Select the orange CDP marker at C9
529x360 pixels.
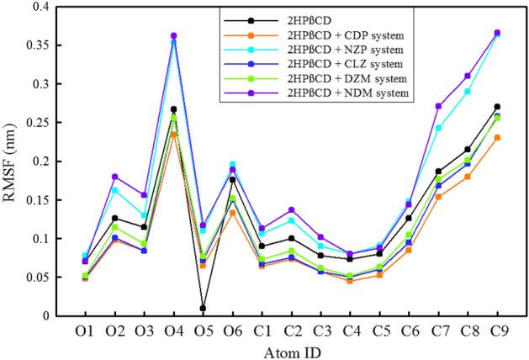[497, 137]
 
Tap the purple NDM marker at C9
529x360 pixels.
[497, 33]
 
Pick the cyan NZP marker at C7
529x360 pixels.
[439, 128]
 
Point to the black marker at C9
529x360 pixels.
[497, 107]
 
